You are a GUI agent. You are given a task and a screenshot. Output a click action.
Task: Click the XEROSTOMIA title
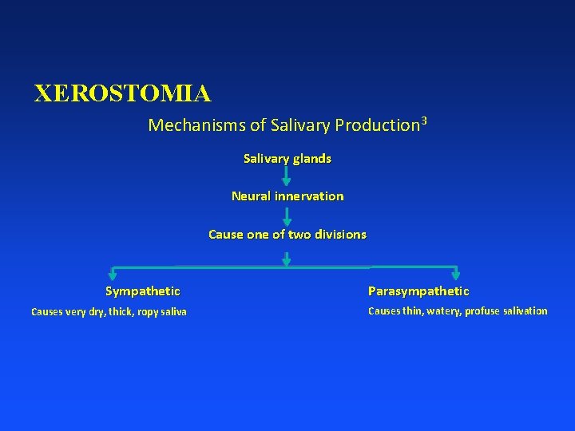click(x=122, y=94)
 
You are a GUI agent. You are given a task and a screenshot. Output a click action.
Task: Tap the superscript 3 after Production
click(x=424, y=121)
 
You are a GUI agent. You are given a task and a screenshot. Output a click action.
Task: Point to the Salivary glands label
click(x=287, y=159)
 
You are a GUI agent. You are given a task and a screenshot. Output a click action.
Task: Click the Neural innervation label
click(x=287, y=196)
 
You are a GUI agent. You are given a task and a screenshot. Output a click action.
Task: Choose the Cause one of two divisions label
click(x=287, y=235)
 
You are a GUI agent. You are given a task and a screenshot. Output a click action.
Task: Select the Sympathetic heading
click(x=143, y=291)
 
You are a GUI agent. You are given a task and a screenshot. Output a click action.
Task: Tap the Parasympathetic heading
click(x=418, y=291)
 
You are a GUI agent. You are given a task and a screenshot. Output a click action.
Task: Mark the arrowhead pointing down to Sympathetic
click(x=113, y=275)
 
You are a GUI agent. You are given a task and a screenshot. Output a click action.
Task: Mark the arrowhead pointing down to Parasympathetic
click(x=456, y=274)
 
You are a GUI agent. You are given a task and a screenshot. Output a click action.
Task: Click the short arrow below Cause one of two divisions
click(x=287, y=258)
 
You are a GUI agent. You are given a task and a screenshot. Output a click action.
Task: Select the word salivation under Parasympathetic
click(x=524, y=311)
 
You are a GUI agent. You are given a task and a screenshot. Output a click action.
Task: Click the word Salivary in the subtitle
click(x=300, y=126)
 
